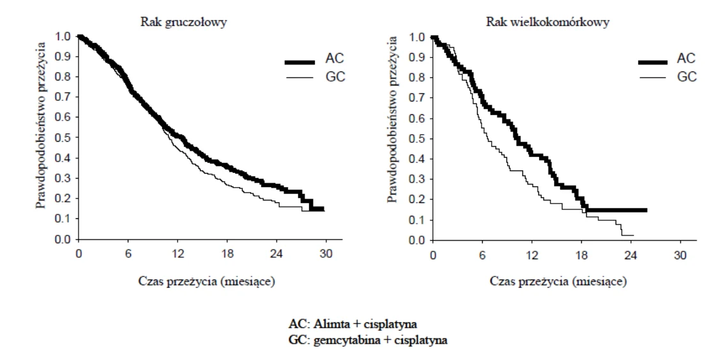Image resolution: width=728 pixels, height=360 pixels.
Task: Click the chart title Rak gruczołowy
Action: click(x=183, y=22)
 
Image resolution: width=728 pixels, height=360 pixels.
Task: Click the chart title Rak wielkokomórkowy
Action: click(x=548, y=22)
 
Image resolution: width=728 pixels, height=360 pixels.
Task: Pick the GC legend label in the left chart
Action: click(x=335, y=77)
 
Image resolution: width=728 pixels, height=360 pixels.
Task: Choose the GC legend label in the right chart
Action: click(x=686, y=77)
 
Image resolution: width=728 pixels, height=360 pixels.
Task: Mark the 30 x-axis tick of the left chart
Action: click(x=326, y=255)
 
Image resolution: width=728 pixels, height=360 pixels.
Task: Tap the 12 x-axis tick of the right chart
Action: click(x=532, y=255)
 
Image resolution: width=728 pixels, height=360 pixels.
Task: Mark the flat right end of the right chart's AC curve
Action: click(x=646, y=210)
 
